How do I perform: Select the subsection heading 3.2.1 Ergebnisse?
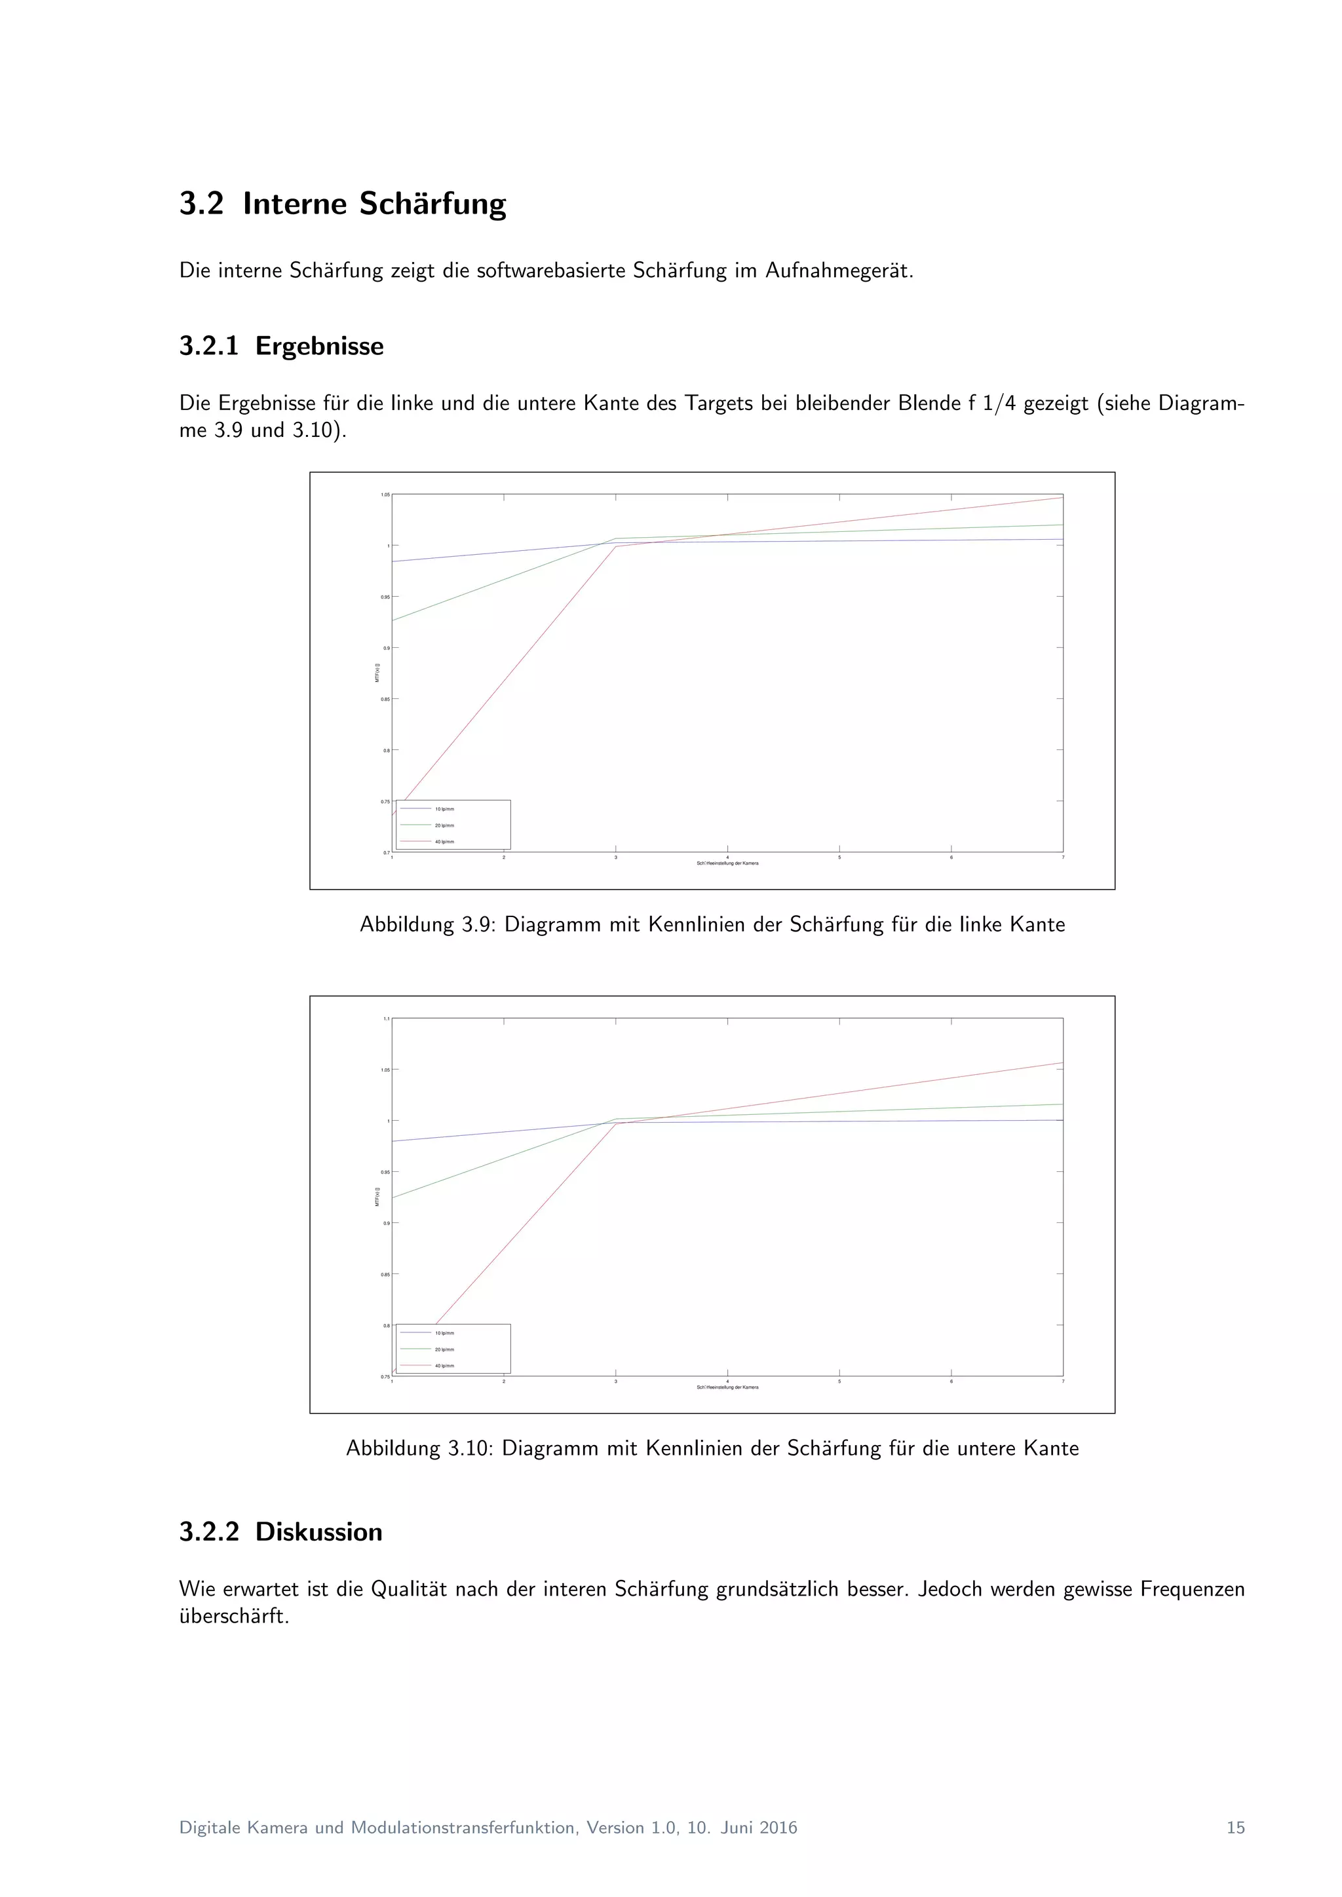[x=281, y=346]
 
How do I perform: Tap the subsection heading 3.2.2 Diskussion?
[x=280, y=1531]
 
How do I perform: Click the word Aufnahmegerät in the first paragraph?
[x=839, y=271]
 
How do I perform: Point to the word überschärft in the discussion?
[x=234, y=1616]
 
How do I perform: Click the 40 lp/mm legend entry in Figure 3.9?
[x=444, y=841]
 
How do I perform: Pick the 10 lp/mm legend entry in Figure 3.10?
[x=444, y=1333]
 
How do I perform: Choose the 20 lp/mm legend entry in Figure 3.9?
[x=444, y=825]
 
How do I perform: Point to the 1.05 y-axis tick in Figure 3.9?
[x=385, y=495]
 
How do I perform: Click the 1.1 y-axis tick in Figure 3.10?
[x=386, y=1019]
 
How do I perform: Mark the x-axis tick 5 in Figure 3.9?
[x=839, y=857]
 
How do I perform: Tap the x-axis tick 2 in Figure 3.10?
[x=504, y=1381]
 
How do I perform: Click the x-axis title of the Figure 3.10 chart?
[x=727, y=1387]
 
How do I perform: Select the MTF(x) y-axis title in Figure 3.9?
[x=377, y=673]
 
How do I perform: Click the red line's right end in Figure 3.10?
[x=1062, y=1063]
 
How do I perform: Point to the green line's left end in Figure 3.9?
[x=393, y=620]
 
